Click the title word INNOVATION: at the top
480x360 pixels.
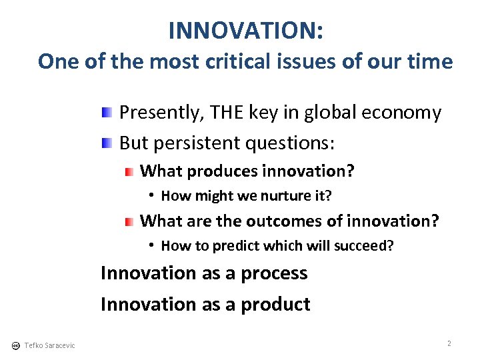pos(246,30)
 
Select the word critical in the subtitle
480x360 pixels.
pos(252,61)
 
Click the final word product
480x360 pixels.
pos(275,305)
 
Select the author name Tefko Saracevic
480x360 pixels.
pos(49,345)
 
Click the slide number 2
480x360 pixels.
pos(449,343)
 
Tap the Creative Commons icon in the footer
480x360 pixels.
pos(15,345)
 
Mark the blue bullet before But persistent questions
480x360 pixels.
pos(107,142)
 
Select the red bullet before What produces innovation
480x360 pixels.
pos(129,171)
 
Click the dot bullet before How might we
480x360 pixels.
pos(152,195)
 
